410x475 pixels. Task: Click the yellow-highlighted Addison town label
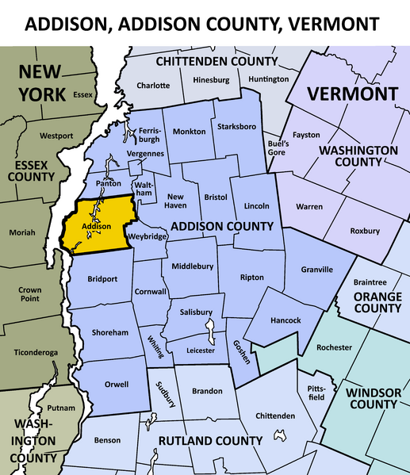click(x=97, y=226)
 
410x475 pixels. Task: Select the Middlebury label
click(x=193, y=267)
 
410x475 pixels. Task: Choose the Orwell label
click(x=117, y=385)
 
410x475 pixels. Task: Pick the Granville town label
click(x=317, y=270)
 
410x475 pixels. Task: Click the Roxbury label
click(x=365, y=231)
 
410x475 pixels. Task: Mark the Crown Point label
click(x=30, y=296)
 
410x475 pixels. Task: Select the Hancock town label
click(x=285, y=320)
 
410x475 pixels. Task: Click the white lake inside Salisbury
click(x=212, y=328)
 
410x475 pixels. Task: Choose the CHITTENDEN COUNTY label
click(x=216, y=61)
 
